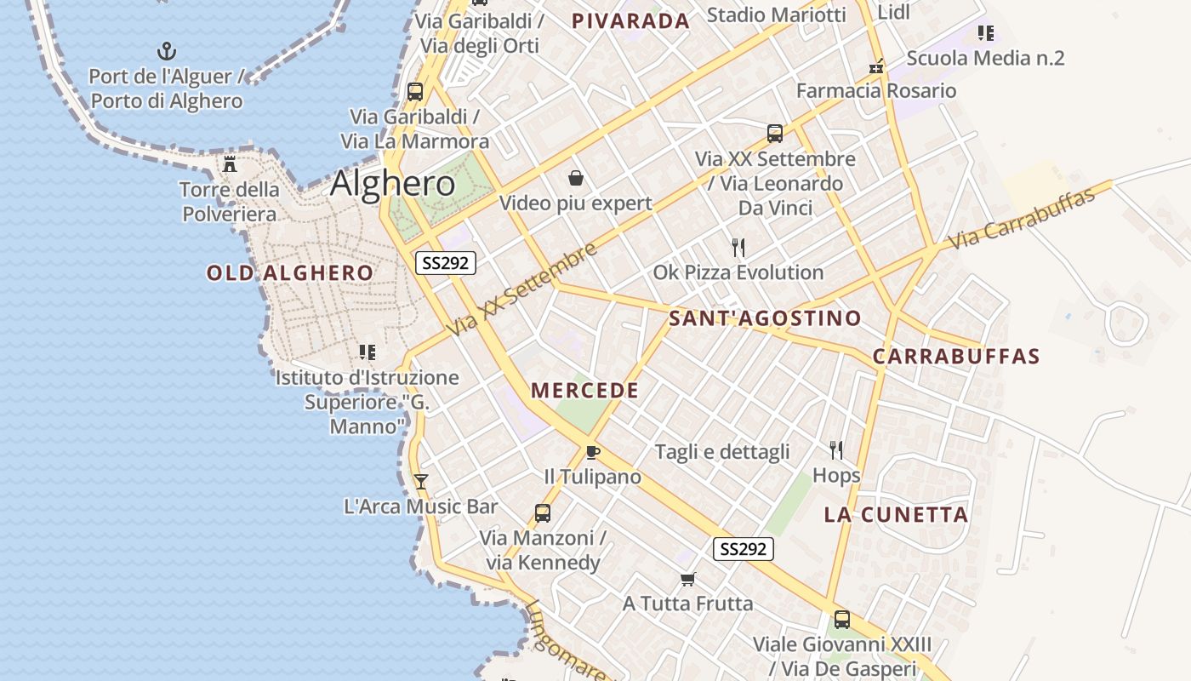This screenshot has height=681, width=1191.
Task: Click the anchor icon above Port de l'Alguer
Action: coord(167,51)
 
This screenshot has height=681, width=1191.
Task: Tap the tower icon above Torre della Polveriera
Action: coord(230,163)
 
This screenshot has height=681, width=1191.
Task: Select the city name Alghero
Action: coord(393,183)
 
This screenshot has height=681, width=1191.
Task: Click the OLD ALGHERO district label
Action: coord(289,273)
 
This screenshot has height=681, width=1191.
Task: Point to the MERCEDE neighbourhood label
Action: coord(584,391)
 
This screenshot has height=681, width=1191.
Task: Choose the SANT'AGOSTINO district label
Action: coord(765,319)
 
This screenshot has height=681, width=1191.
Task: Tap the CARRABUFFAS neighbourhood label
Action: coord(956,357)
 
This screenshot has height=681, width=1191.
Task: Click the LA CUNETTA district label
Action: coord(896,515)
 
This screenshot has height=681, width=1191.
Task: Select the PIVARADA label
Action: coord(630,21)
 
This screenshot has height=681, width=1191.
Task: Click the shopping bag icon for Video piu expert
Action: coord(576,178)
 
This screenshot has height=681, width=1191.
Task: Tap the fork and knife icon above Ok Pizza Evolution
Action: coord(738,248)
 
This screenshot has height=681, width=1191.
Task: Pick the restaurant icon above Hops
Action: coord(836,449)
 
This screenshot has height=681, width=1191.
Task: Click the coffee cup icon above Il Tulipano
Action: coord(592,452)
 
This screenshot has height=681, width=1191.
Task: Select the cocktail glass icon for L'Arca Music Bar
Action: coord(420,482)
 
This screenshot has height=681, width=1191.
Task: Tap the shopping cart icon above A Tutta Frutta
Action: coord(687,579)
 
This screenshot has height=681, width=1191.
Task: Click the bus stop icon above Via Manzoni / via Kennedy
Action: coord(542,513)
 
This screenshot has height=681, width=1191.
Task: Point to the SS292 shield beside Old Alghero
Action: coord(445,263)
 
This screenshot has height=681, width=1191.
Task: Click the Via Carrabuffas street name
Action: coord(1021,220)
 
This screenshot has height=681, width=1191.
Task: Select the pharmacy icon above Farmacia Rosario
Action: coord(876,66)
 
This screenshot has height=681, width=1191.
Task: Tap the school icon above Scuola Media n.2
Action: coord(985,33)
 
